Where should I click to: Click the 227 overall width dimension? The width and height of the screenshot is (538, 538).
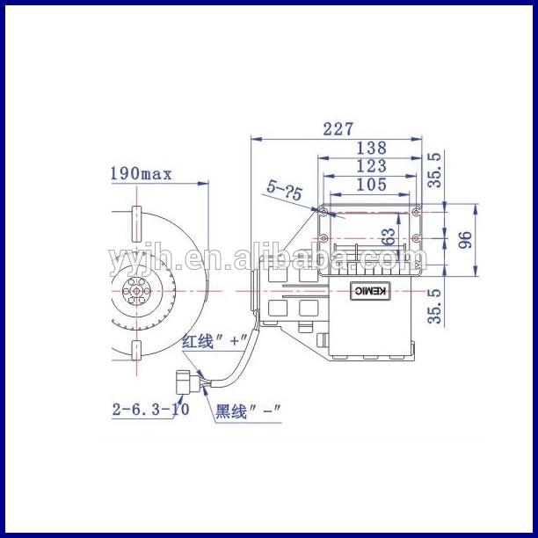(338, 129)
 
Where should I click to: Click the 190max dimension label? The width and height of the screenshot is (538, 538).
(141, 173)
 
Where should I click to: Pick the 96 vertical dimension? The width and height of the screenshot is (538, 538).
(465, 238)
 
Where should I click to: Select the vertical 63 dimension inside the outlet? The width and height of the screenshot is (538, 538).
(388, 237)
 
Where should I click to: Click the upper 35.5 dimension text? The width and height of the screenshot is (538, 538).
(434, 170)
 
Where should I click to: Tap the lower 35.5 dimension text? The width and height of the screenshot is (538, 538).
(434, 306)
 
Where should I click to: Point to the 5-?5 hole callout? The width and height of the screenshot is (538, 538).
(285, 189)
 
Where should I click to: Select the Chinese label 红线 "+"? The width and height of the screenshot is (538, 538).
(210, 343)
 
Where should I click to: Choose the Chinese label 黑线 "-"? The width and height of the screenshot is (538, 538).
(248, 411)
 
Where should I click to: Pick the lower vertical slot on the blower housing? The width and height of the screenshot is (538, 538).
(136, 351)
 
